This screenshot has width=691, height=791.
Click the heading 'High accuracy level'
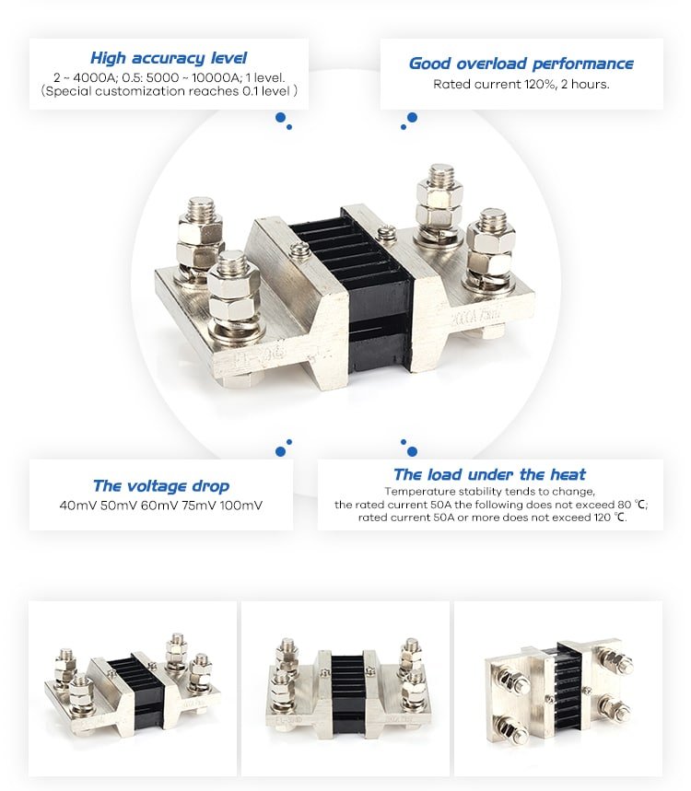tap(169, 58)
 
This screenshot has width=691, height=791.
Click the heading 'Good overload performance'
tap(521, 64)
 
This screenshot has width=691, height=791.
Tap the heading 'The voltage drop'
tap(161, 486)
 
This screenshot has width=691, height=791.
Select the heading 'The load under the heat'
tap(489, 475)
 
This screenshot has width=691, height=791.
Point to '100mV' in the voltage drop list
tap(241, 506)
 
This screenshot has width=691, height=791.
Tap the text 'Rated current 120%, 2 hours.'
tap(521, 84)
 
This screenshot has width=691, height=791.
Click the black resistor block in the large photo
tap(379, 285)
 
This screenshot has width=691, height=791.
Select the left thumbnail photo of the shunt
tap(133, 688)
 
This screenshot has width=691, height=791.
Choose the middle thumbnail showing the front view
tap(345, 688)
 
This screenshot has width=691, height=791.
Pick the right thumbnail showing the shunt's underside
tap(558, 688)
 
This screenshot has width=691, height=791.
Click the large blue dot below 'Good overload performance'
tap(412, 118)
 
